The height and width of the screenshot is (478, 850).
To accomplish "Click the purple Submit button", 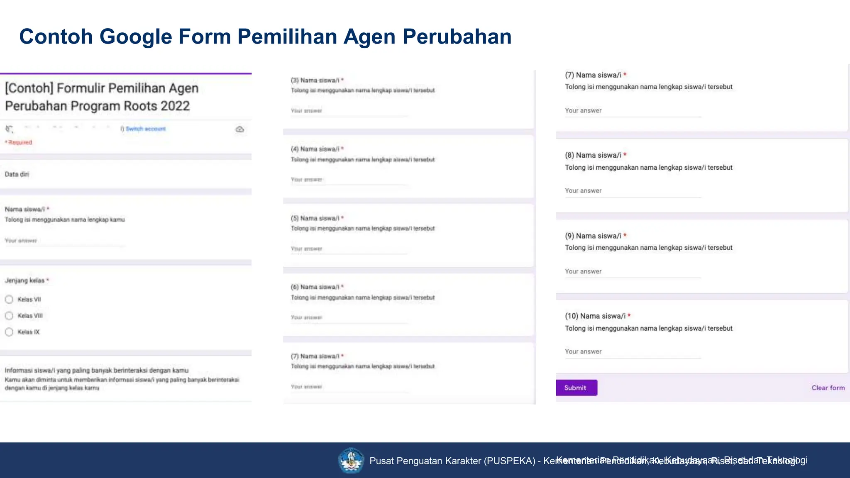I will tap(576, 388).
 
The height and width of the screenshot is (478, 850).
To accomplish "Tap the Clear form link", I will tap(828, 388).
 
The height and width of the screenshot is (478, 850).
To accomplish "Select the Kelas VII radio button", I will tap(9, 299).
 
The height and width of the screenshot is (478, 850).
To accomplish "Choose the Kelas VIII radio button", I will tap(9, 316).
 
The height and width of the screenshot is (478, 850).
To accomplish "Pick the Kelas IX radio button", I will tap(9, 332).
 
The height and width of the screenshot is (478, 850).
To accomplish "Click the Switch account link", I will tap(145, 129).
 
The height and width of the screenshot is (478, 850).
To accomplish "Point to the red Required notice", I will tap(19, 142).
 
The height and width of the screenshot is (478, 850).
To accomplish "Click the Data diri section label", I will tap(17, 174).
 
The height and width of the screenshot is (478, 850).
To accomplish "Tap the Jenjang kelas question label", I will tap(25, 280).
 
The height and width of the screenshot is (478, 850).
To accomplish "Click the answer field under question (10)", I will tap(633, 352).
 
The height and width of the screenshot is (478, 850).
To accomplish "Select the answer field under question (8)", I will tap(633, 191).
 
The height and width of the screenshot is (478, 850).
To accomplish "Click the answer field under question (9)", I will tap(633, 271).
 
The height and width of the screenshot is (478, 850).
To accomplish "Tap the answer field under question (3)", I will tap(349, 111).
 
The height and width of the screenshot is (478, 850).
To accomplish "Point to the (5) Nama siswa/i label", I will tap(315, 218).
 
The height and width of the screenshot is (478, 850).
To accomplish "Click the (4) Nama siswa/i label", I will tap(315, 149).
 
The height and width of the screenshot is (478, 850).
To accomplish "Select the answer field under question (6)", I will tap(349, 317).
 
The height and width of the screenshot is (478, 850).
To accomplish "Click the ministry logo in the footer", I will tap(351, 460).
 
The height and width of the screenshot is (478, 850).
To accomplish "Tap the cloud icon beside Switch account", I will tap(239, 129).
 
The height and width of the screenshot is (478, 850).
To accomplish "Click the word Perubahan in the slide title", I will tap(457, 37).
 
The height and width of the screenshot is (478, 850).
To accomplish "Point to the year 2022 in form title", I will tap(175, 106).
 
